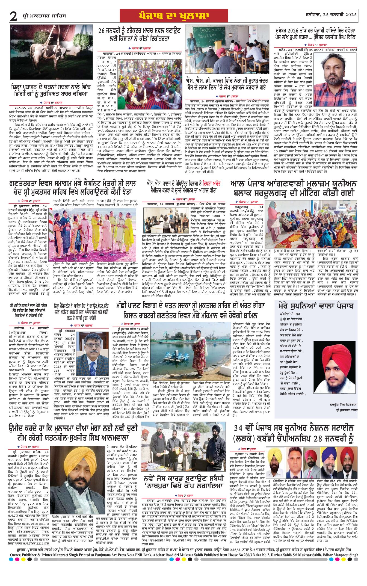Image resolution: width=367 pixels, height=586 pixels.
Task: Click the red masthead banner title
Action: point(174,16)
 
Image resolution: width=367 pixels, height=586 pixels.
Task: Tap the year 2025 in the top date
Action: point(350,14)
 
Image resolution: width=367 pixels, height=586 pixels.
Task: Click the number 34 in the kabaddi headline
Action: point(238,428)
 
